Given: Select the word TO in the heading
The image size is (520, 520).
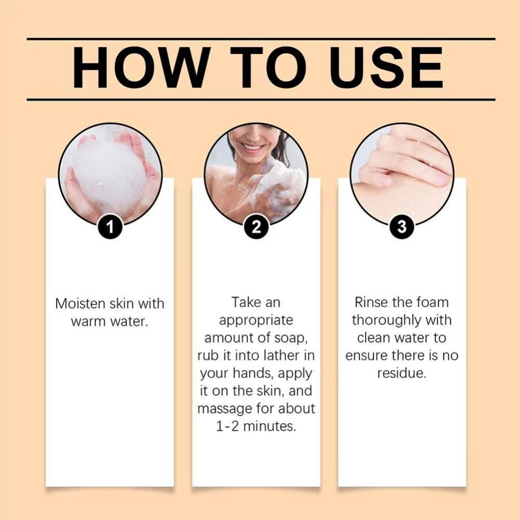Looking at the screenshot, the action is pos(269,68).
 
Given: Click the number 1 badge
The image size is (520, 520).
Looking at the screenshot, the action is pos(110,227).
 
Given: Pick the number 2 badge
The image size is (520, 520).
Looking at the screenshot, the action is pos(256,227).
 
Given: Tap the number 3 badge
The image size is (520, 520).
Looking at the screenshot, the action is pos(401,227).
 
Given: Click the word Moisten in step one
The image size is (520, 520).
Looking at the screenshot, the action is pos(80,304).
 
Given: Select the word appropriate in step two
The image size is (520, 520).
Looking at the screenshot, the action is pos(256,321).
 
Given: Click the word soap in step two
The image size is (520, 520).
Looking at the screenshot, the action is pos(289,338).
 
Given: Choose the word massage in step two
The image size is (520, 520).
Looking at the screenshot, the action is pos(225,409).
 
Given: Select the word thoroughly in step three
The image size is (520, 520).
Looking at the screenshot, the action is pos(382,321).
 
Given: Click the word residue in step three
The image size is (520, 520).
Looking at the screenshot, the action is pos(401,373).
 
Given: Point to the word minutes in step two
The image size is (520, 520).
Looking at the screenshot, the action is pos(269,426).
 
